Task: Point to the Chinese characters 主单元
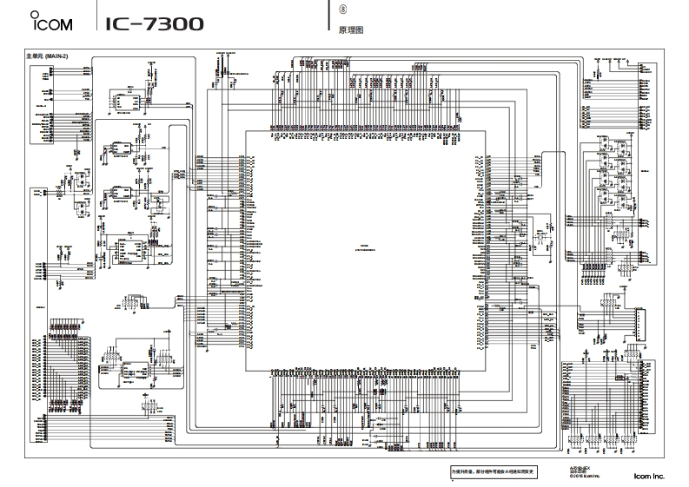(40, 56)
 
